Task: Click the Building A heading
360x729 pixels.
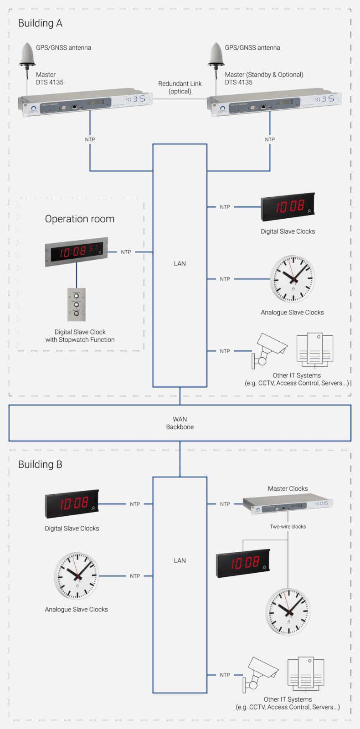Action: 40,23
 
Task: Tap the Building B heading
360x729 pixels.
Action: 40,464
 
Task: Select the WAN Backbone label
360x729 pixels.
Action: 180,423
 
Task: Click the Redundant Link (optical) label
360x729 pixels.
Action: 180,87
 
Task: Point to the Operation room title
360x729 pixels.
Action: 80,219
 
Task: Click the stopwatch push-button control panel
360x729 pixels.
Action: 77,304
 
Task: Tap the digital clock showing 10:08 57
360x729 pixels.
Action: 77,251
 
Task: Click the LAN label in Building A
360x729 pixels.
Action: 180,263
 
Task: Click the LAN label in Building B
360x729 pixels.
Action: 180,560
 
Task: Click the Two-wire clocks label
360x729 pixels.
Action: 288,526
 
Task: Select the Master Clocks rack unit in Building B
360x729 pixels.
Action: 288,504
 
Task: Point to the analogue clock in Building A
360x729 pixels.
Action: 293,279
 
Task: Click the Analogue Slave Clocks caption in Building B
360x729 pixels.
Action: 77,609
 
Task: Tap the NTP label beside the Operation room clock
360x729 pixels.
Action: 126,252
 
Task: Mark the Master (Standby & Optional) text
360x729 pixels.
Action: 264,75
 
